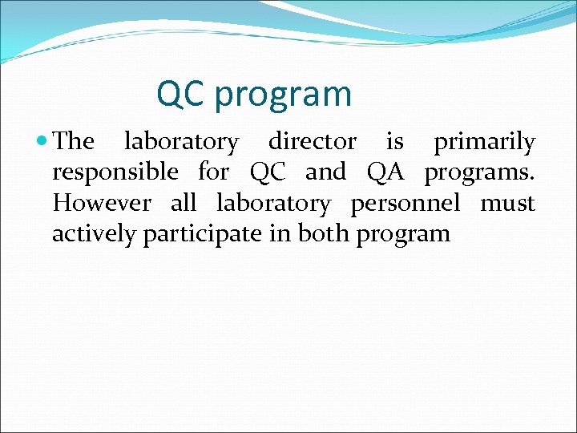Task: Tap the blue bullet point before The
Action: tap(42, 142)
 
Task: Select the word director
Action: tap(312, 142)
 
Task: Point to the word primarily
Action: tap(484, 142)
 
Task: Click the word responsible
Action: tap(115, 172)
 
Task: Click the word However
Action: tap(101, 203)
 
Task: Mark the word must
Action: tap(507, 203)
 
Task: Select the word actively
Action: tap(94, 234)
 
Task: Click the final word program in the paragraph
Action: tap(404, 235)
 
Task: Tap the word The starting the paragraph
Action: tap(74, 142)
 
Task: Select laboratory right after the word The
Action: tap(181, 143)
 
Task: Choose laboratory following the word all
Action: tap(272, 204)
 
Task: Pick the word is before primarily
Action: tap(394, 142)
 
